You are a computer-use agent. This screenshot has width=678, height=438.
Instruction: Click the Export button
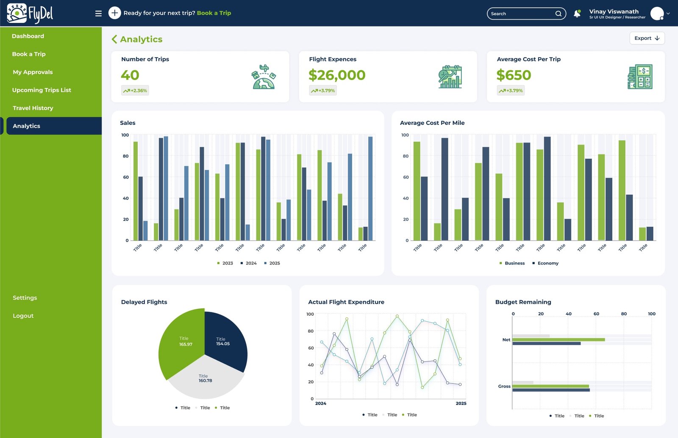click(x=647, y=38)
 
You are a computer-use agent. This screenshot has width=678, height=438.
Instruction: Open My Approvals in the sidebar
click(x=33, y=72)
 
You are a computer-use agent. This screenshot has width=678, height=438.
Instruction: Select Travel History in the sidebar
click(x=33, y=108)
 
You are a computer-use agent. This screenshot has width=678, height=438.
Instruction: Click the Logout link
click(x=23, y=316)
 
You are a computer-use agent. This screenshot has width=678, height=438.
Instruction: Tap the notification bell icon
click(x=577, y=14)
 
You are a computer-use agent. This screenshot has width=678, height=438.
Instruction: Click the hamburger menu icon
click(x=98, y=14)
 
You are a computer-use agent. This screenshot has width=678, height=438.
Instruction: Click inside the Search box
click(x=521, y=14)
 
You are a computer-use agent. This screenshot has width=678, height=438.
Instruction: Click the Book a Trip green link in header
click(x=214, y=13)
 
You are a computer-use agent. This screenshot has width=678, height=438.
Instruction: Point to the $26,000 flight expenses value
click(x=336, y=75)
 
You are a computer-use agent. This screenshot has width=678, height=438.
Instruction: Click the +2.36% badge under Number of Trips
click(x=135, y=91)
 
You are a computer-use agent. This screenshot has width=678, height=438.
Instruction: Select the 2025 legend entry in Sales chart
click(x=272, y=263)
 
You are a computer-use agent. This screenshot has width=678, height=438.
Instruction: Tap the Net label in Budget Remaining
click(x=506, y=340)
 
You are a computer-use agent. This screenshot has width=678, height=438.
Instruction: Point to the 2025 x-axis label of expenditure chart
click(x=461, y=403)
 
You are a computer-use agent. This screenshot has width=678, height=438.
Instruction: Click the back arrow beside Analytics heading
click(x=114, y=39)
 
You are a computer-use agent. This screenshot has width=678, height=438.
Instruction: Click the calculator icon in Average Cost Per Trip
click(x=639, y=77)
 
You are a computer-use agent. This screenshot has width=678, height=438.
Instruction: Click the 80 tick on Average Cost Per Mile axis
click(x=406, y=156)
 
